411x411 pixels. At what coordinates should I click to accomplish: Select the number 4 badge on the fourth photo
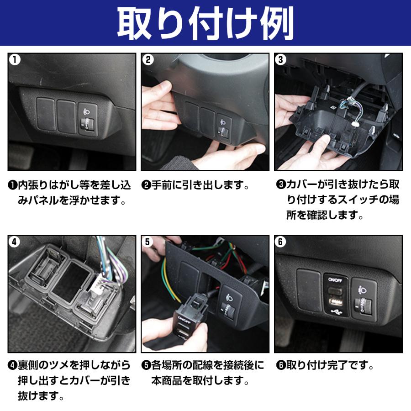click(x=15, y=242)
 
